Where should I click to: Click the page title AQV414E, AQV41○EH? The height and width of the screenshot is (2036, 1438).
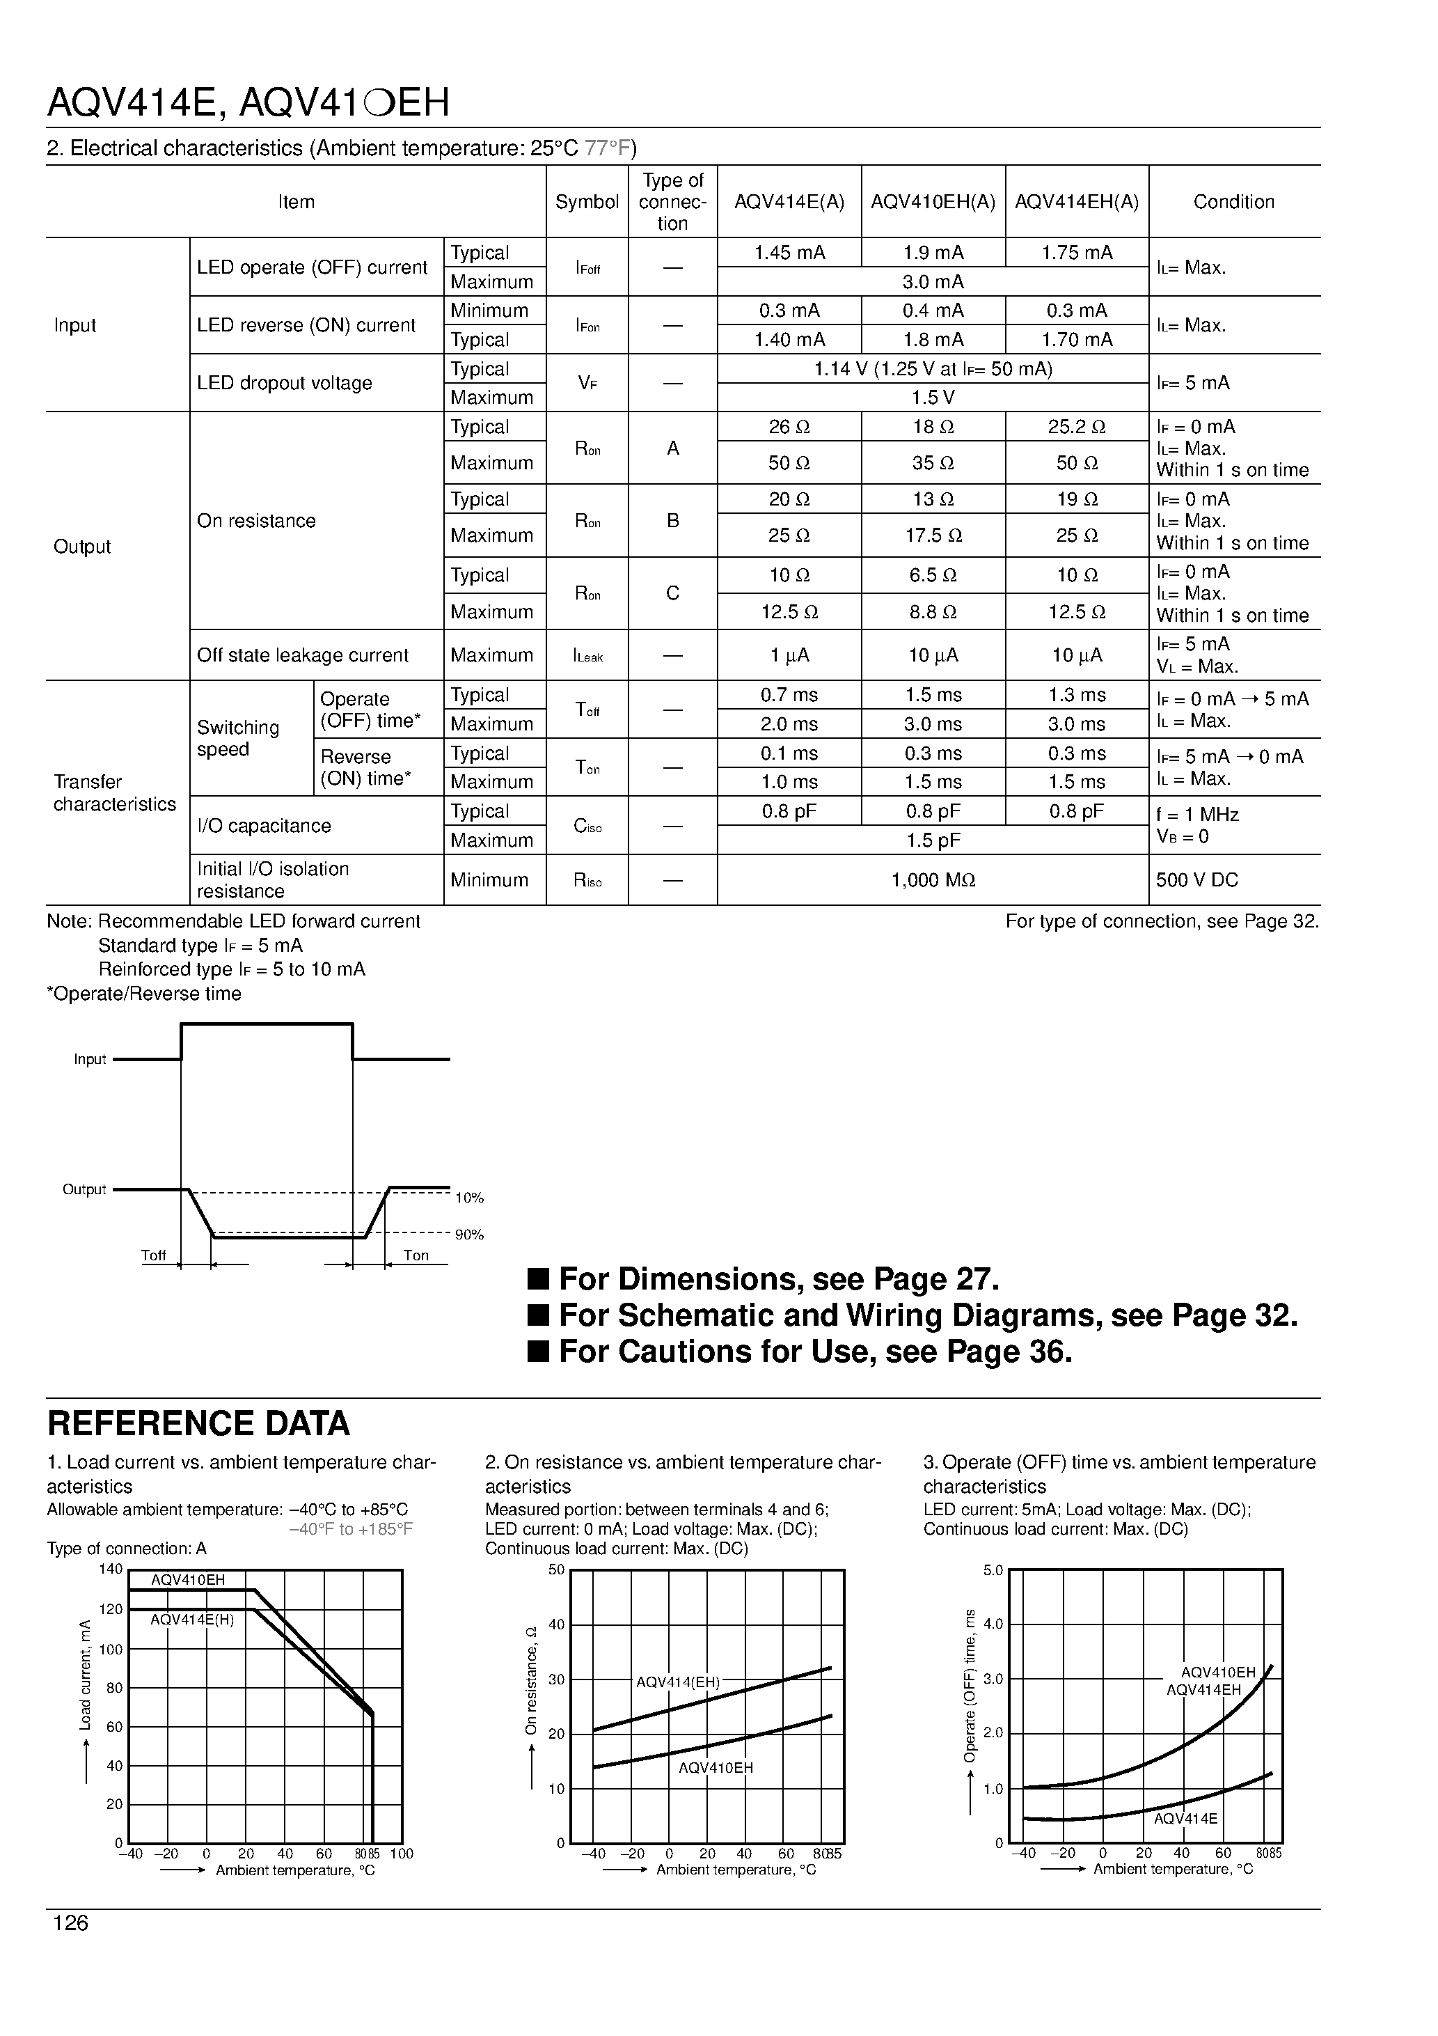248,103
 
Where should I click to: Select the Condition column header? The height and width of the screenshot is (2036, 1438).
1233,201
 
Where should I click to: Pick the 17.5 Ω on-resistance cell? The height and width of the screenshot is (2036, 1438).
932,535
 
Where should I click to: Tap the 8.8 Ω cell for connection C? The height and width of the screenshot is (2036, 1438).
932,612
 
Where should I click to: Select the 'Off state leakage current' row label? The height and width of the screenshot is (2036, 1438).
302,655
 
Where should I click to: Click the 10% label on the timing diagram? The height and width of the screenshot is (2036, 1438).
469,1198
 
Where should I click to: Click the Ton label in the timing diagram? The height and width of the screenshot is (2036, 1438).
416,1255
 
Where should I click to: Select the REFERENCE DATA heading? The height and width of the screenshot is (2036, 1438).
198,1423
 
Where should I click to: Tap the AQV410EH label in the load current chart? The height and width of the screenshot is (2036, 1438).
188,1579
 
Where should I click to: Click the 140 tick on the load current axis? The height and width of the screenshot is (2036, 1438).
111,1569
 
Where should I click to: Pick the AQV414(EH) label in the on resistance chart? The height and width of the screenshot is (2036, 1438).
677,1682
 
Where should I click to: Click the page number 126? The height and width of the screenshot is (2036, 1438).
71,1923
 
